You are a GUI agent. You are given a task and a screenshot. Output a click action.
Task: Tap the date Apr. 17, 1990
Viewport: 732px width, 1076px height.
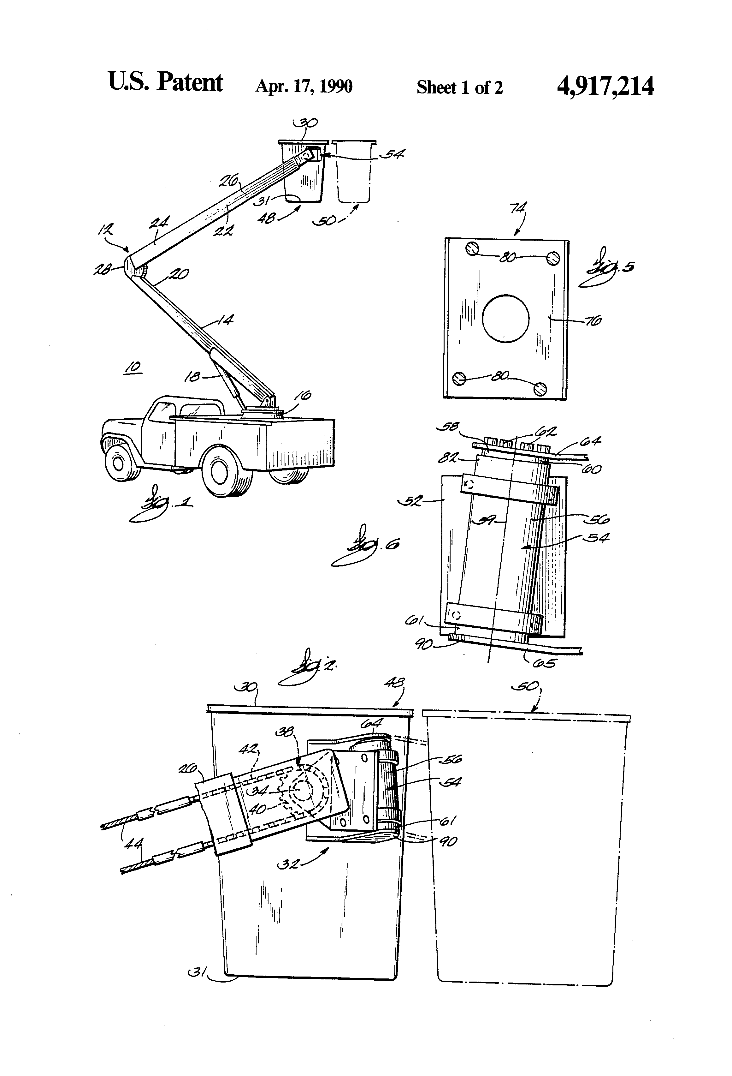304,87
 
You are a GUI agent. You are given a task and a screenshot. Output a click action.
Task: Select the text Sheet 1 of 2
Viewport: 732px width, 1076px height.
459,87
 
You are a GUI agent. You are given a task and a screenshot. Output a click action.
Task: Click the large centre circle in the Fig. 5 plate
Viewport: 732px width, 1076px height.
505,319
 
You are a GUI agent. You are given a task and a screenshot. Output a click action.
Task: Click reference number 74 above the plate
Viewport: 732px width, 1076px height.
518,209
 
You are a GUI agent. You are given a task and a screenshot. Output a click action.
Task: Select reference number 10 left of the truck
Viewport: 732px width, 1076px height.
133,368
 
